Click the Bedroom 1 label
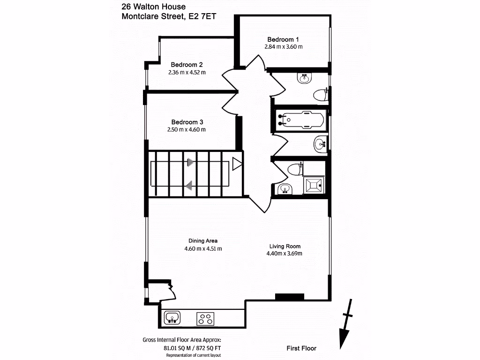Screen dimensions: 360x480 point(283,39)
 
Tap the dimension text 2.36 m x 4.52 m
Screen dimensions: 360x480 point(187,72)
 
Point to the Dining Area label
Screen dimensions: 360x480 point(203,241)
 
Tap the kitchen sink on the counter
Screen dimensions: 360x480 point(172,318)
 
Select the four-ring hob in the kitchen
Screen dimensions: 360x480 point(205,319)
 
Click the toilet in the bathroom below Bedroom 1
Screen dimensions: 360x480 point(320,95)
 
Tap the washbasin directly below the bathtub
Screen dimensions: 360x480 point(320,143)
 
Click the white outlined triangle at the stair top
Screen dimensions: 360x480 point(237,164)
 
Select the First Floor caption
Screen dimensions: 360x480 point(301,348)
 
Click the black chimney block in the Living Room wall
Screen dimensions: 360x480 point(289,296)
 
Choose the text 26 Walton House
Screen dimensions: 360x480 point(153,7)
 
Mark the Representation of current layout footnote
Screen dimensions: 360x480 point(193,356)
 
